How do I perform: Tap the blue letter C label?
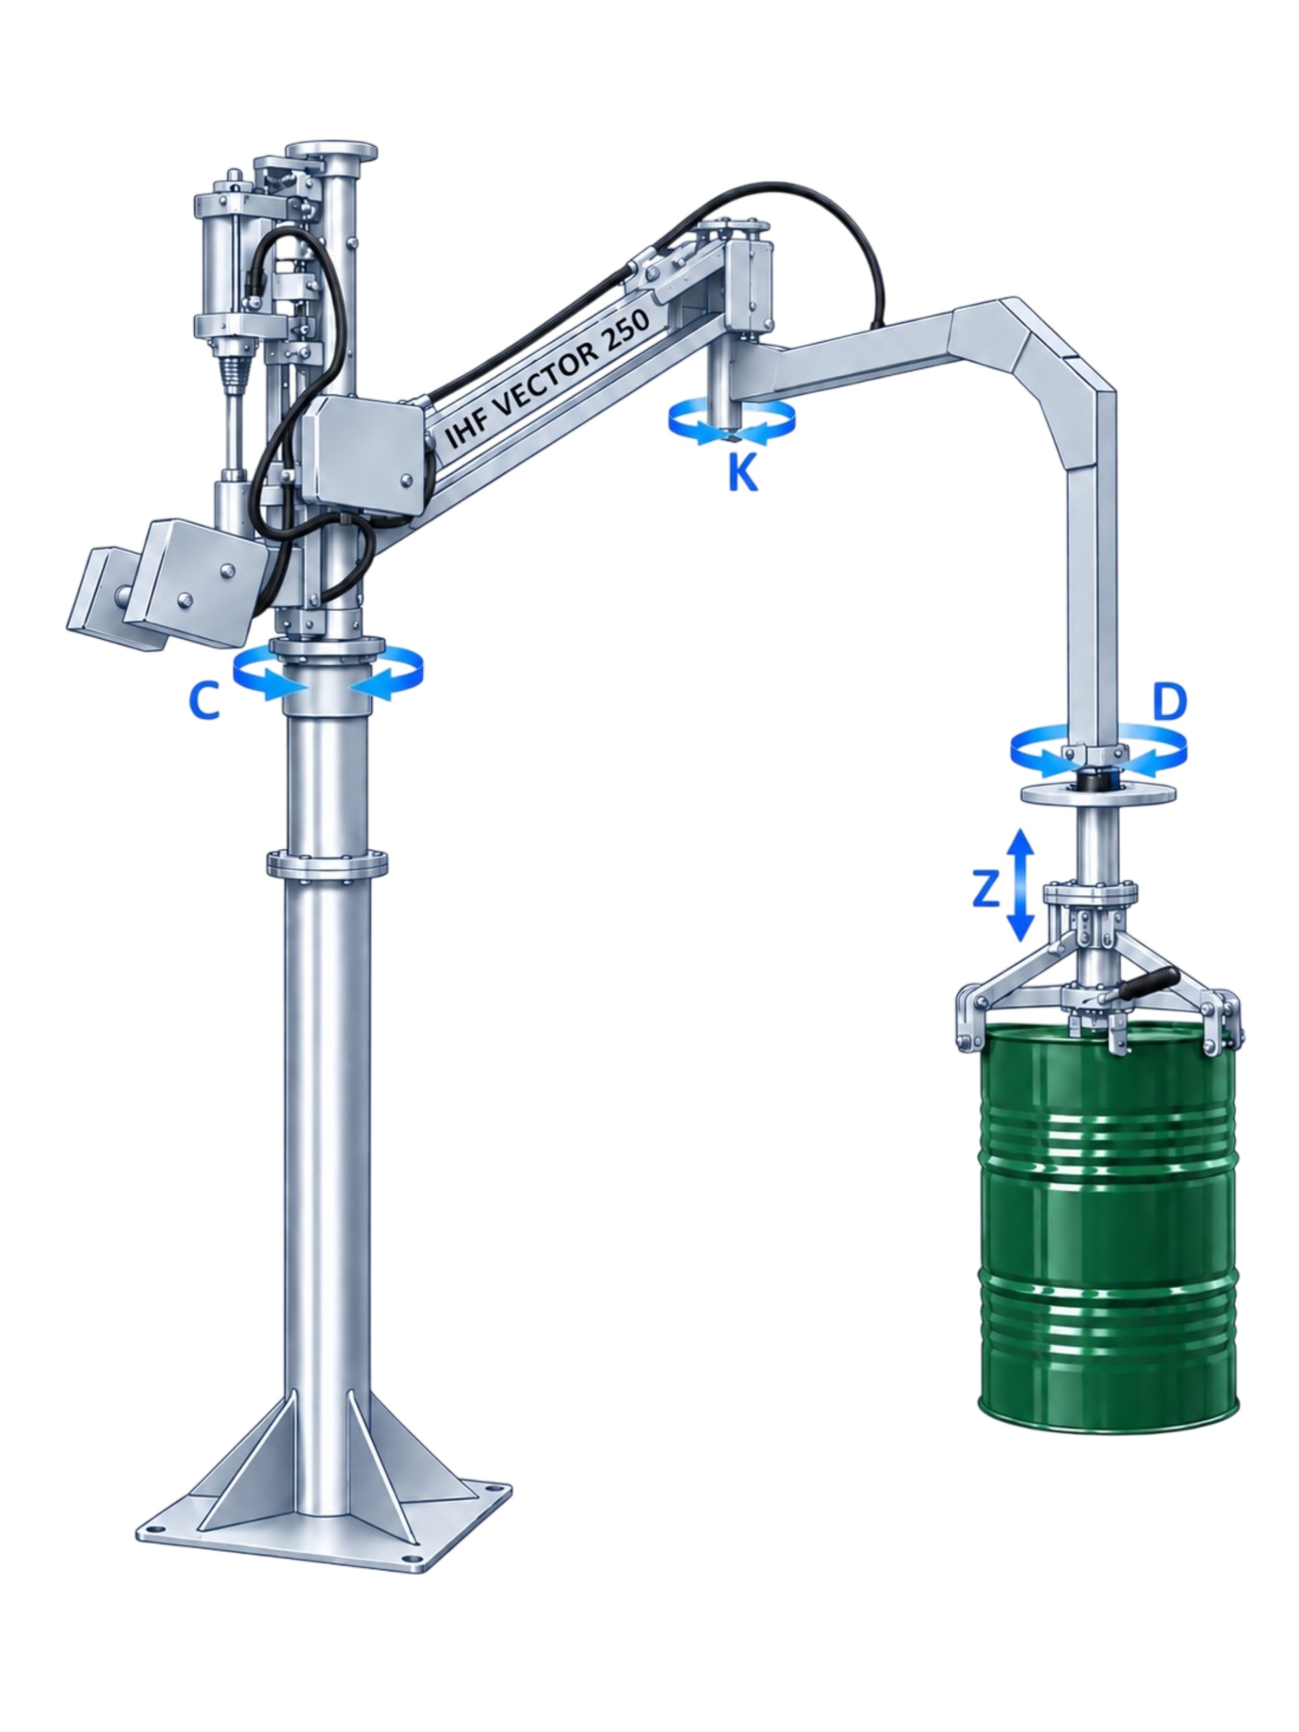point(204,700)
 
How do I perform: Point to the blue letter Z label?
point(985,890)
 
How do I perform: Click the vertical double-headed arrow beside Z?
point(1019,884)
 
